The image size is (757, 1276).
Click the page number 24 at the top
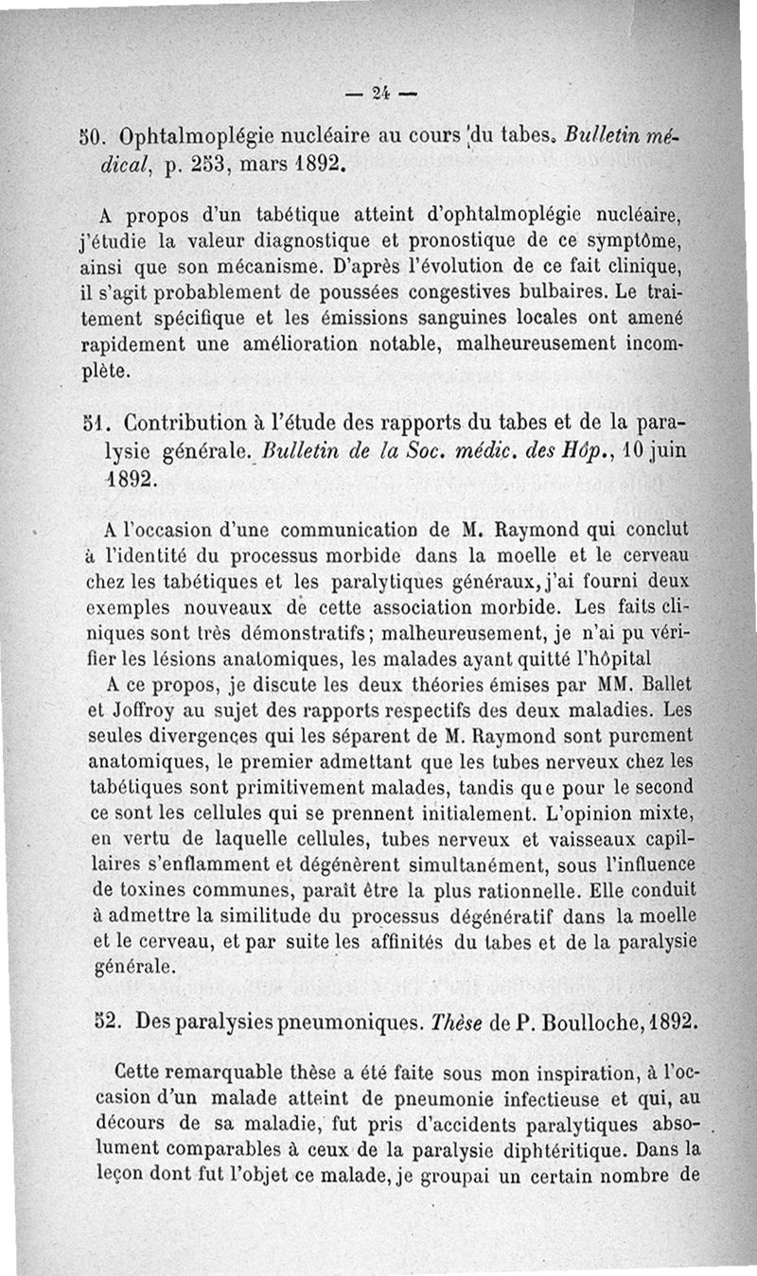coord(381,93)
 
